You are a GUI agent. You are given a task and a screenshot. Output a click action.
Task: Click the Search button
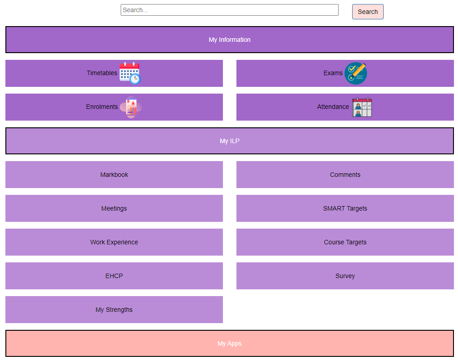click(367, 12)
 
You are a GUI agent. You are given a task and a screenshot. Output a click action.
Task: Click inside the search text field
click(230, 10)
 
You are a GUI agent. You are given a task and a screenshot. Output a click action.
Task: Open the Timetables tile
click(114, 73)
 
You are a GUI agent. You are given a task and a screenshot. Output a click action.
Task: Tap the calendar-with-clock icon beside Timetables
click(130, 73)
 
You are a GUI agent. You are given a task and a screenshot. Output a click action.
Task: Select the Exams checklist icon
click(355, 73)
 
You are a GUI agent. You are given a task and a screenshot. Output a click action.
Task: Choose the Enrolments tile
click(114, 107)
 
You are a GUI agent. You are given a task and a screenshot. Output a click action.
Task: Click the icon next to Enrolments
click(131, 107)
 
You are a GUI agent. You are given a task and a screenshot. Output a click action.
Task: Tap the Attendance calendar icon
click(362, 107)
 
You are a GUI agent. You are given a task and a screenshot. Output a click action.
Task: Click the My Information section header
click(230, 40)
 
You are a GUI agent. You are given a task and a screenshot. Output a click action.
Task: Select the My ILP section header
click(230, 141)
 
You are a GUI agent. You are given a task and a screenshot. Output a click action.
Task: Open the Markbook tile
click(114, 175)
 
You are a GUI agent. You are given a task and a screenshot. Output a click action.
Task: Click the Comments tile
click(345, 175)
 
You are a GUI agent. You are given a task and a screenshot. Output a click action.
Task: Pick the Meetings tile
click(114, 208)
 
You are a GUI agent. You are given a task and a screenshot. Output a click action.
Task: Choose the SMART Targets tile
click(345, 208)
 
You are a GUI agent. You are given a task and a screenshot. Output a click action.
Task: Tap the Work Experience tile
click(114, 242)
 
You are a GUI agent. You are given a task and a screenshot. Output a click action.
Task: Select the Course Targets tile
click(345, 242)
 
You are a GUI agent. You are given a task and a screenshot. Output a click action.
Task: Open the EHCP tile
click(114, 276)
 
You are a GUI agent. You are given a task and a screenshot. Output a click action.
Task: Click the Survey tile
click(345, 276)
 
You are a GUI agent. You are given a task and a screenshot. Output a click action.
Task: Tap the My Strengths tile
click(114, 310)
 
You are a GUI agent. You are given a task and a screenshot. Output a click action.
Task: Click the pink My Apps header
click(230, 343)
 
